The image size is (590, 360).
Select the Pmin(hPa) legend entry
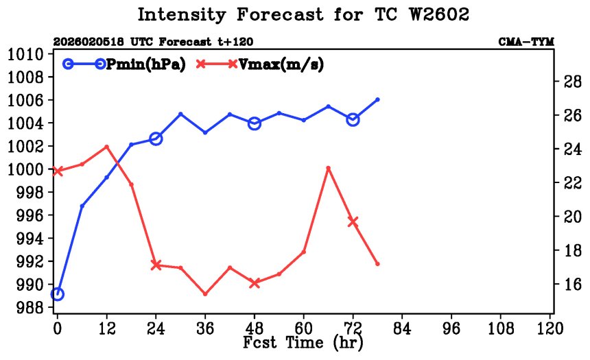pos(123,64)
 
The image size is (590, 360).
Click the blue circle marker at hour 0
pos(58,294)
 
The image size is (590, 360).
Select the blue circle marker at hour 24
pos(156,139)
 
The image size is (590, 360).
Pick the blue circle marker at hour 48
pos(255,123)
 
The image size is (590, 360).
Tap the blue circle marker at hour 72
pos(353,119)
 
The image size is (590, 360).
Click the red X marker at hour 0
pos(58,171)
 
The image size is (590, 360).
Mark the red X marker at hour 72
pos(353,221)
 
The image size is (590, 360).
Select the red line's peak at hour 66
pos(329,168)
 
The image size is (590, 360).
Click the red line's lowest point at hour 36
pos(205,294)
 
